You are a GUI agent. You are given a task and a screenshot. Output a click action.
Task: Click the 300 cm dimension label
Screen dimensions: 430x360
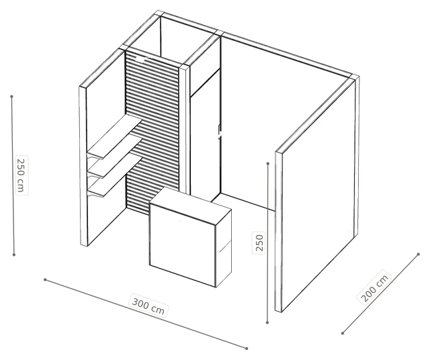[148, 306]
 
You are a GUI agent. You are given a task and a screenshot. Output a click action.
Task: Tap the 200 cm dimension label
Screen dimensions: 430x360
[374, 288]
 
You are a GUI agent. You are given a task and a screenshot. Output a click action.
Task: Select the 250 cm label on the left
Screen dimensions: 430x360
[21, 175]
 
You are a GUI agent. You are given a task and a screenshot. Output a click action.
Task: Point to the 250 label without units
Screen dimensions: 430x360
[259, 243]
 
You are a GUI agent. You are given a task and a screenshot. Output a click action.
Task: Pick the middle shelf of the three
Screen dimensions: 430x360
[114, 157]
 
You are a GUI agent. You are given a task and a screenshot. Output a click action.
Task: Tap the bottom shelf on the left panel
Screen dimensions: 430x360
[114, 175]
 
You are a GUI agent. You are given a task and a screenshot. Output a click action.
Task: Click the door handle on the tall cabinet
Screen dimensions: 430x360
[219, 132]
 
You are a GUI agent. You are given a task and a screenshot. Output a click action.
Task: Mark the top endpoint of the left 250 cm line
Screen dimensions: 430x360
[11, 97]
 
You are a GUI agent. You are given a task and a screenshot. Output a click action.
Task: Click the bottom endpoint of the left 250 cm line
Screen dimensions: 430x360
[13, 255]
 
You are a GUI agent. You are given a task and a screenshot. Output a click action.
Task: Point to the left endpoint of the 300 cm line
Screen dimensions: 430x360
[45, 279]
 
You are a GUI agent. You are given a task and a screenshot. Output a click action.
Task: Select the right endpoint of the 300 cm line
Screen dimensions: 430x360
[247, 349]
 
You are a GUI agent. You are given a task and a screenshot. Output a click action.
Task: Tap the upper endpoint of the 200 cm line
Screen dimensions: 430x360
[418, 254]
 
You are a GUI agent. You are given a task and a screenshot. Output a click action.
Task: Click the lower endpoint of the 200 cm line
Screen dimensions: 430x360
[343, 333]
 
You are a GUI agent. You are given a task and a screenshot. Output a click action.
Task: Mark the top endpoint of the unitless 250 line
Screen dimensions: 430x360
[268, 163]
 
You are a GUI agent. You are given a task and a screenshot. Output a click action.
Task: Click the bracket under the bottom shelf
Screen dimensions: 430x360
[93, 194]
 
